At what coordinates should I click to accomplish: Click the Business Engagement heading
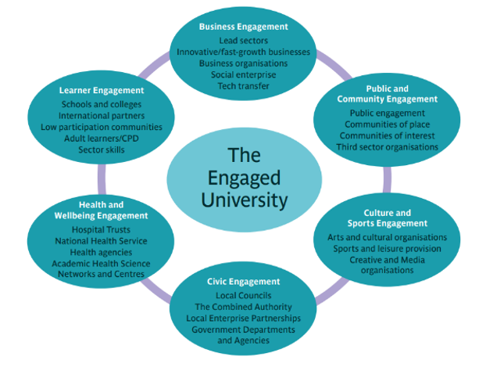click(244, 27)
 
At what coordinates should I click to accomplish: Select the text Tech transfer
click(244, 86)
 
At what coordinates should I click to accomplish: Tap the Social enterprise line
click(244, 74)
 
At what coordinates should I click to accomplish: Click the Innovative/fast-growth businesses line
click(244, 52)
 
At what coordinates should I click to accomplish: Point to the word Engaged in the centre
click(244, 177)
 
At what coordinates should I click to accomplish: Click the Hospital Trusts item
click(101, 230)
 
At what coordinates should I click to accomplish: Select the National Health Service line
click(102, 241)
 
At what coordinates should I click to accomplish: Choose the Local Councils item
click(244, 296)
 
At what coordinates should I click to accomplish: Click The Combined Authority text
click(244, 307)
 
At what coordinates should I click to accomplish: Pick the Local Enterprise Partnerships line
click(244, 319)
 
